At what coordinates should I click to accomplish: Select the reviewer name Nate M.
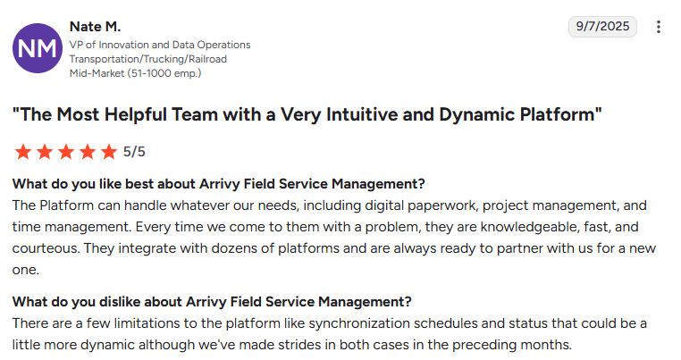95,27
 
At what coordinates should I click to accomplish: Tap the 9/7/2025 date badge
603,27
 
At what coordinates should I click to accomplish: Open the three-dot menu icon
659,27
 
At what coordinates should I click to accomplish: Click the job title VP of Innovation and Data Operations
160,45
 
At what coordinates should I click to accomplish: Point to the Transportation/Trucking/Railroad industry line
148,59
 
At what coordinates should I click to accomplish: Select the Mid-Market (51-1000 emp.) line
135,72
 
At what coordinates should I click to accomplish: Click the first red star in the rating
23,152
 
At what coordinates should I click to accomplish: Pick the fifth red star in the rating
109,152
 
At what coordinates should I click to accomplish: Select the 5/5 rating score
134,152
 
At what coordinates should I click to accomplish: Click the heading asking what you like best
219,184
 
